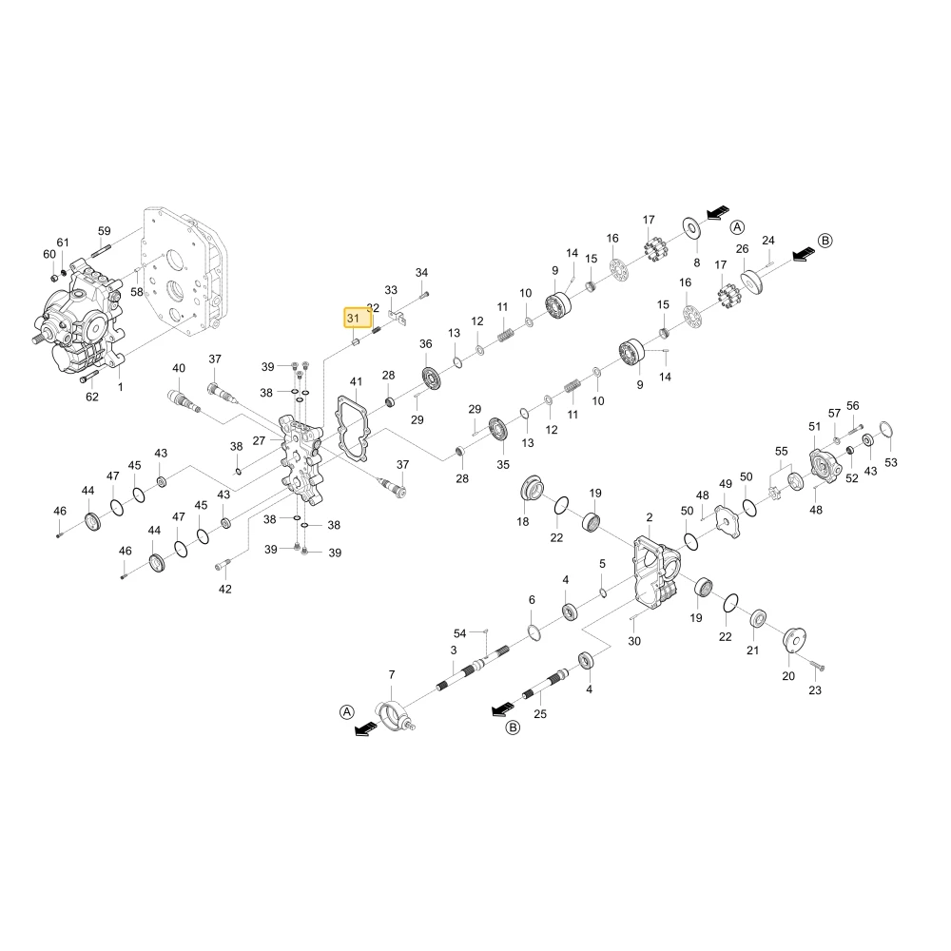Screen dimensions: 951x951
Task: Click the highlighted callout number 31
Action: (353, 318)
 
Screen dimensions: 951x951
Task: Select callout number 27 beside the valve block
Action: (259, 440)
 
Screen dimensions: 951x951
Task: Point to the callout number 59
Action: (105, 231)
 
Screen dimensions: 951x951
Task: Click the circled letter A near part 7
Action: (346, 712)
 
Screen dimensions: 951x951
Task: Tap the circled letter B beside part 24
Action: (825, 241)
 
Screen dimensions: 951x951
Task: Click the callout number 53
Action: (890, 462)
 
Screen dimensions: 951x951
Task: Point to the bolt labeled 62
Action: (88, 377)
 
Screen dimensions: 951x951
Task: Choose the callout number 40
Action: (179, 368)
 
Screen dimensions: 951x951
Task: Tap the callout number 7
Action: (392, 674)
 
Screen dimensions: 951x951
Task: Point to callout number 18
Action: (523, 521)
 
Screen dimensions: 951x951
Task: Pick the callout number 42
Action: (225, 589)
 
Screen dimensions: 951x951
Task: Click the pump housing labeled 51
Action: (825, 466)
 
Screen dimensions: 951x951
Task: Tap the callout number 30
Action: (633, 641)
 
